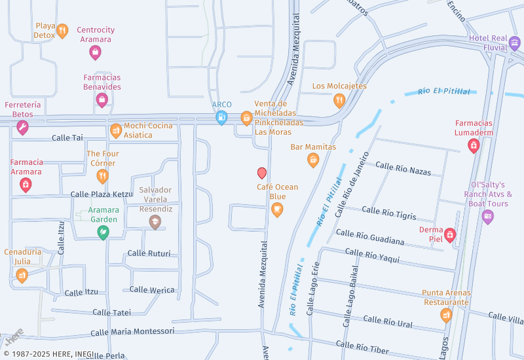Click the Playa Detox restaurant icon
click(62, 30)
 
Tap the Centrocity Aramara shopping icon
click(95, 52)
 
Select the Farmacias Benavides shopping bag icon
click(102, 99)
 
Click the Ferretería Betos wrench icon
click(22, 127)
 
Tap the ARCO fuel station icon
click(221, 118)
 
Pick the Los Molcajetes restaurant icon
click(339, 99)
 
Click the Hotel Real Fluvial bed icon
click(514, 43)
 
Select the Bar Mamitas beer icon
click(313, 160)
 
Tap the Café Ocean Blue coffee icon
click(277, 209)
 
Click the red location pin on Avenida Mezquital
click(262, 173)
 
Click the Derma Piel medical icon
click(449, 234)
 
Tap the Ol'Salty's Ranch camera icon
click(487, 217)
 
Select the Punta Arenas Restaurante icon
click(446, 315)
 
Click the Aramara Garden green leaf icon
click(103, 232)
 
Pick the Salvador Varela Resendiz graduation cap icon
click(155, 222)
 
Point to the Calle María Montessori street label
click(133, 332)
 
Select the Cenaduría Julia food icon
click(22, 275)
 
